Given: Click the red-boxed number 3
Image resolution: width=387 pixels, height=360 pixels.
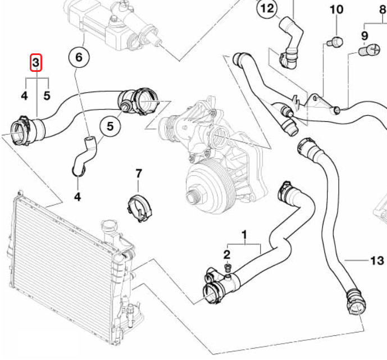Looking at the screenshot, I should click(x=35, y=62).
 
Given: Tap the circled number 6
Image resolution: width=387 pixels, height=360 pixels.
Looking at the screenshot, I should click(x=79, y=56).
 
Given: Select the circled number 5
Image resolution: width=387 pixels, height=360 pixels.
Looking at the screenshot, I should click(x=110, y=126).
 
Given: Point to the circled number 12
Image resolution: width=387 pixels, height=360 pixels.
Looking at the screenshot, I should click(x=267, y=8).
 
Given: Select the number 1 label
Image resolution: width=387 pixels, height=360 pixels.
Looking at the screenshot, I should click(x=244, y=233).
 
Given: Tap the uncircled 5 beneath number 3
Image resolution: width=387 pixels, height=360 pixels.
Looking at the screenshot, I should click(x=47, y=95).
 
